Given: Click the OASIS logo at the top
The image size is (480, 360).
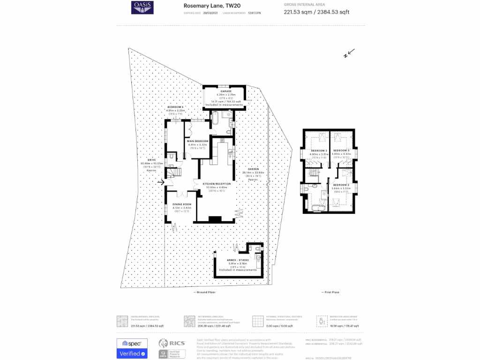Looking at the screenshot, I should point(142,7).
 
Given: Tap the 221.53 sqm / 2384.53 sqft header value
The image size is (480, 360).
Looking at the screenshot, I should point(316,12).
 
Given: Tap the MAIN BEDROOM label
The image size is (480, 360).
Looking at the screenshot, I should point(197,141).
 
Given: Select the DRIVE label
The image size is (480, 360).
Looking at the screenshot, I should point(151,160).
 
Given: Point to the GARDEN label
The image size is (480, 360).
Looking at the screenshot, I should point(247,169).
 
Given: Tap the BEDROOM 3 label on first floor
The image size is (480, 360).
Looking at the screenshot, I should point(319,150).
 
